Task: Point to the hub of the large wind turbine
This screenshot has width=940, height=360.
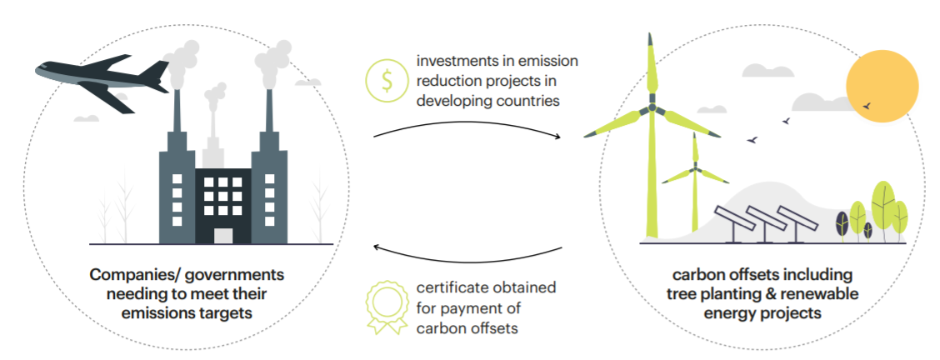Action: [x=650, y=109]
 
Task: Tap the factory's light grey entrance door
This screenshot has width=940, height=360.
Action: [x=222, y=235]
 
